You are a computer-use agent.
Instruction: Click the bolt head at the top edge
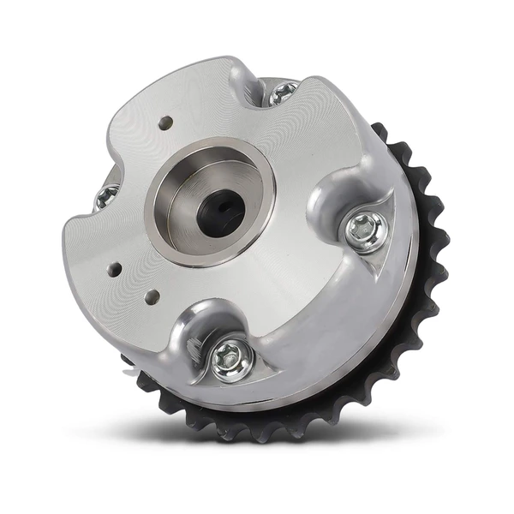tap(283, 93)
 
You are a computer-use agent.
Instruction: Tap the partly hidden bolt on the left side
tap(107, 196)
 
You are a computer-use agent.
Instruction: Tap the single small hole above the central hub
tap(164, 123)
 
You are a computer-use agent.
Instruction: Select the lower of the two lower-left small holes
tap(152, 297)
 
